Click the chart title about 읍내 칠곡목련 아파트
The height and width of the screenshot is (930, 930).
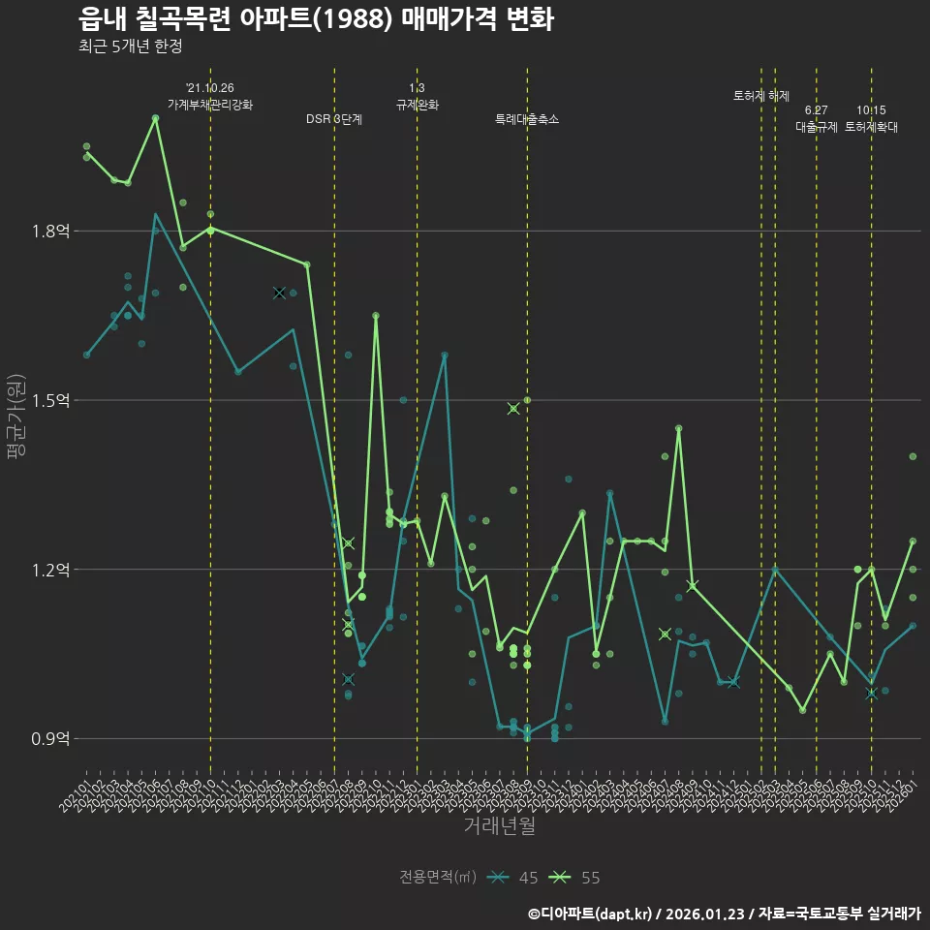(x=316, y=18)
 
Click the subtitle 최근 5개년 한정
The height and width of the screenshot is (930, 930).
(x=130, y=46)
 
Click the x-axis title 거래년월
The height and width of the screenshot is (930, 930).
(x=498, y=826)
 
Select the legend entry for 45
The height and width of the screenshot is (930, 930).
(x=513, y=878)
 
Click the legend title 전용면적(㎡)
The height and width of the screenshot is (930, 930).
(x=438, y=878)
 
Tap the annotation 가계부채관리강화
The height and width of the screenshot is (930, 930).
(x=210, y=105)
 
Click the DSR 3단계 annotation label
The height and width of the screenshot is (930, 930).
(x=334, y=119)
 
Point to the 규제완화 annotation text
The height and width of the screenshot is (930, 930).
(x=418, y=105)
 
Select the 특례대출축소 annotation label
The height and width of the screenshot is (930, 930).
(x=527, y=119)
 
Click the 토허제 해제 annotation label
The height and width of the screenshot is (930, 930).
(x=761, y=96)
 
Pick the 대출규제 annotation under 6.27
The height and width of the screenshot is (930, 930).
(x=817, y=127)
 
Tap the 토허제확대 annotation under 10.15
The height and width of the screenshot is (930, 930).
(x=871, y=127)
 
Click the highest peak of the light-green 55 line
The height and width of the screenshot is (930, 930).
(x=155, y=117)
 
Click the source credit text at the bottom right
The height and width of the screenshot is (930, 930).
(x=724, y=914)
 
